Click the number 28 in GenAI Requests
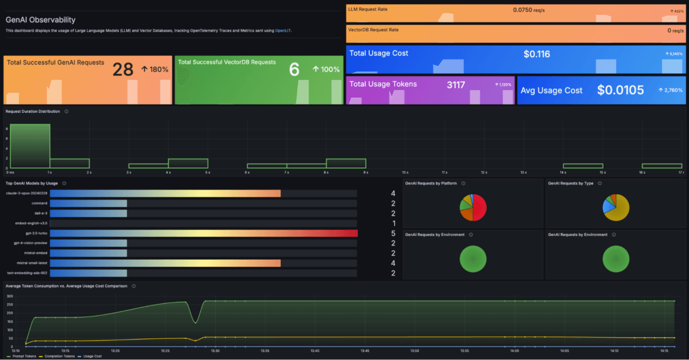(123, 69)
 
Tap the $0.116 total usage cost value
(536, 54)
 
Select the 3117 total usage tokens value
(456, 84)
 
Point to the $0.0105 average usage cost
(620, 90)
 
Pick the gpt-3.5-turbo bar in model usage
(204, 233)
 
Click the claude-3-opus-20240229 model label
(26, 194)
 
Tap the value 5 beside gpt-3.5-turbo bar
(393, 233)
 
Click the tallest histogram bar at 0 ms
(30, 146)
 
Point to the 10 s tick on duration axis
(405, 172)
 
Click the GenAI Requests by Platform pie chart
(473, 207)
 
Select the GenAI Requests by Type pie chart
(616, 207)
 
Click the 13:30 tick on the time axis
(215, 350)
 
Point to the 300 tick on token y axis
(9, 296)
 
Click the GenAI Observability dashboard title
(40, 20)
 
